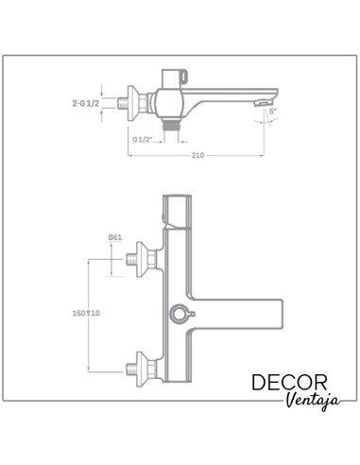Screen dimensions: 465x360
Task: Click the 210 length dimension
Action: pyautogui.click(x=197, y=155)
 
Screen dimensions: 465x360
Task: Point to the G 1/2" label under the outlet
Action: pyautogui.click(x=144, y=138)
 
